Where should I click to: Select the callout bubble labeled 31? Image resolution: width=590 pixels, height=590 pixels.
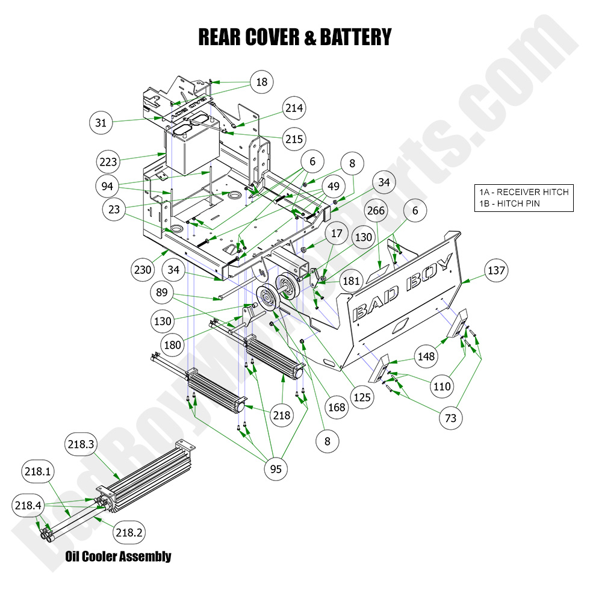[x=101, y=123]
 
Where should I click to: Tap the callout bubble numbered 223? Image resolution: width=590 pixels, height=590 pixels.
[x=108, y=161]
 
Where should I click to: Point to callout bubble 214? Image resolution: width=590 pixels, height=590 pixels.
[x=294, y=108]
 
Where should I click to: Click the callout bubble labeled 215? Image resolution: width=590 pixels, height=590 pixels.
[x=294, y=138]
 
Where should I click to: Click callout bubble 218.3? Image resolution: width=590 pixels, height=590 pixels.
[x=79, y=445]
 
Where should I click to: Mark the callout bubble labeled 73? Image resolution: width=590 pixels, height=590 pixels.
[x=451, y=418]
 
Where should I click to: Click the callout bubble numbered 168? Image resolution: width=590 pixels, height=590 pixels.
[x=337, y=408]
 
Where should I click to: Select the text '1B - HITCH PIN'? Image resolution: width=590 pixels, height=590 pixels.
[x=509, y=203]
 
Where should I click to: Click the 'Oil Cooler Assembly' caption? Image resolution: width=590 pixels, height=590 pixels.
[x=118, y=556]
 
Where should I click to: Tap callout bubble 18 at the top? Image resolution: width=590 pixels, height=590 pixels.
[x=261, y=82]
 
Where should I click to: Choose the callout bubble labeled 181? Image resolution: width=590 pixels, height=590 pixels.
[x=351, y=281]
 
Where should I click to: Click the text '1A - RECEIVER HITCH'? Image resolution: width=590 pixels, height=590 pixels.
[x=523, y=192]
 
